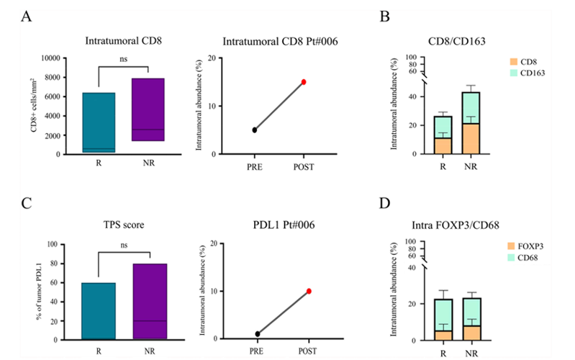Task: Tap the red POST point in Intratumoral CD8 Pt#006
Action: pos(304,82)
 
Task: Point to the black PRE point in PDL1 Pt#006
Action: pos(258,333)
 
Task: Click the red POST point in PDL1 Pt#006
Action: pos(309,291)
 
